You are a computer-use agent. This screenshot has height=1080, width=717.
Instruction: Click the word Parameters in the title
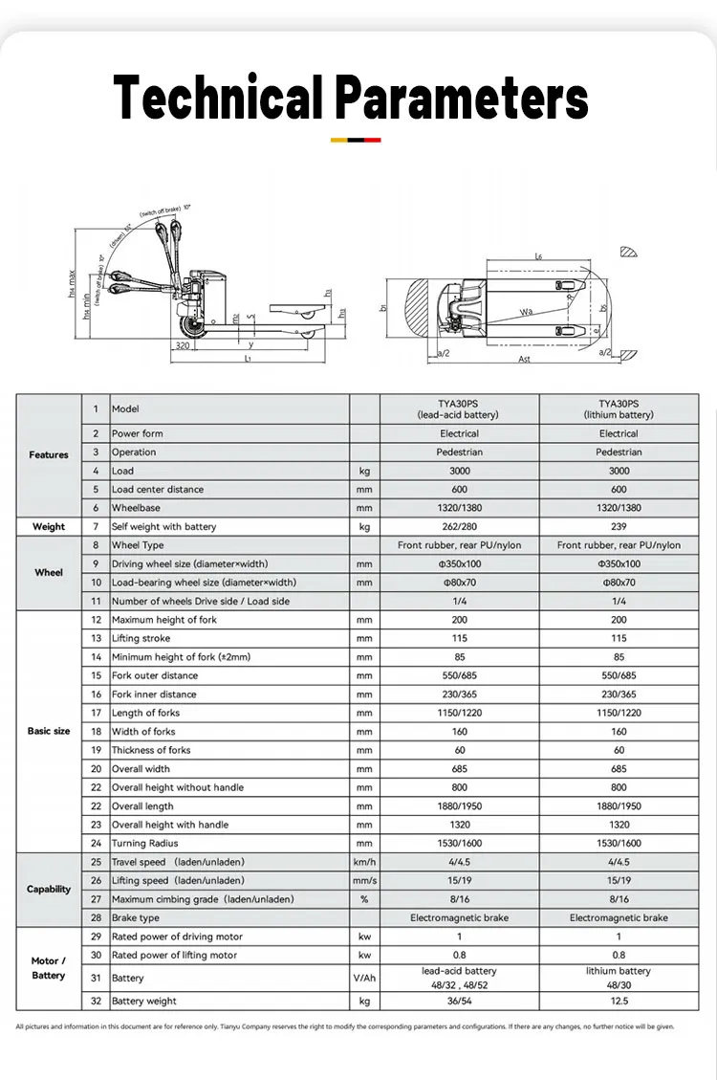(x=462, y=99)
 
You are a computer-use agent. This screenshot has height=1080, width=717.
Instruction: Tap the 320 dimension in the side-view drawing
(x=183, y=347)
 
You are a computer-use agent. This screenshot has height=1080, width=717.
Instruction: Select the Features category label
(x=49, y=454)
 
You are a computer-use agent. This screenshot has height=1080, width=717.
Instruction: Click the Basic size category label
(x=49, y=731)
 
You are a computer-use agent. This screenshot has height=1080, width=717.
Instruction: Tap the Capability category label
(x=49, y=890)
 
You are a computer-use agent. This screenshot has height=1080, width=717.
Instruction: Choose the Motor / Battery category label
(x=49, y=968)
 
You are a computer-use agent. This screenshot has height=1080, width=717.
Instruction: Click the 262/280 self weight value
(x=460, y=526)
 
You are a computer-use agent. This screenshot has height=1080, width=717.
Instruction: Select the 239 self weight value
(x=619, y=526)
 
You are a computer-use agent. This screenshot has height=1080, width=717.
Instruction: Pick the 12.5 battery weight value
(x=619, y=1001)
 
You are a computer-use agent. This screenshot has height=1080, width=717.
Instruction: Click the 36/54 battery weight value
(x=460, y=1001)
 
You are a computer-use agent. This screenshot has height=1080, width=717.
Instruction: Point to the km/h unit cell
(x=364, y=862)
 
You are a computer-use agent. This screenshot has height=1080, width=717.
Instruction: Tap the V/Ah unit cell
(x=364, y=978)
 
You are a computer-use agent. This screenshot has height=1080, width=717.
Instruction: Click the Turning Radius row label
(x=144, y=844)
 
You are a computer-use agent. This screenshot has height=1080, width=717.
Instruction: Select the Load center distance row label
(x=158, y=490)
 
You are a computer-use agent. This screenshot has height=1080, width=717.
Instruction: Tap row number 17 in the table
(x=96, y=713)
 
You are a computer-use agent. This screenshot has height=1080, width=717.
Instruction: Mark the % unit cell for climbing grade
(x=364, y=899)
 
